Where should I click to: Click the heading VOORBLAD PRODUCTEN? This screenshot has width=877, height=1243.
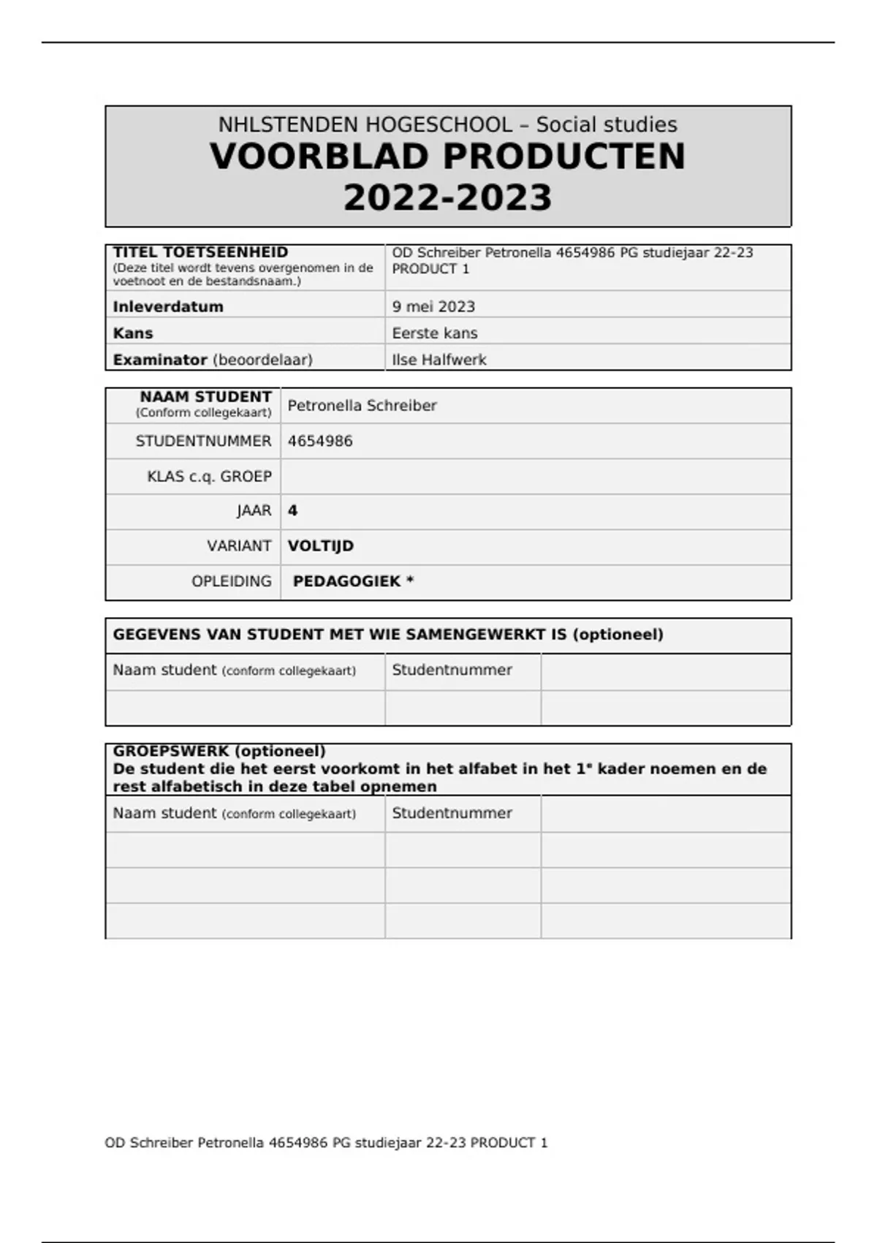(x=447, y=156)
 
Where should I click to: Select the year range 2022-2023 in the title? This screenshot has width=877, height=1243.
(x=447, y=198)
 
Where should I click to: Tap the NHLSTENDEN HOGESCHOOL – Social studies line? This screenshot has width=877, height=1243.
(x=447, y=124)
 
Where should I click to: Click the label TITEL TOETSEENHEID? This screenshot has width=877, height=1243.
(x=200, y=252)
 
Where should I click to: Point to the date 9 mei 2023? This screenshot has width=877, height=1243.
(x=433, y=306)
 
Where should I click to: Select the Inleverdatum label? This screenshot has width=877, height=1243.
(x=168, y=306)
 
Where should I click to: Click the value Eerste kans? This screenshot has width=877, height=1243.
(x=435, y=333)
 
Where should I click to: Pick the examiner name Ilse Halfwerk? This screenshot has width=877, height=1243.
(x=439, y=360)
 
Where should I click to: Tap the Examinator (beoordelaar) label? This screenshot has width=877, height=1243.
(x=213, y=360)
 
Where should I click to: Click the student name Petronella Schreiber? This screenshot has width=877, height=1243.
(x=362, y=406)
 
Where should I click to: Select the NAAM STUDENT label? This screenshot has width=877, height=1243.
(x=205, y=397)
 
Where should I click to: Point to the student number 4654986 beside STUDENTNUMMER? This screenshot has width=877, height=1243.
(x=320, y=441)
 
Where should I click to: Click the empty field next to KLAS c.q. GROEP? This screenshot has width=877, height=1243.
(x=535, y=477)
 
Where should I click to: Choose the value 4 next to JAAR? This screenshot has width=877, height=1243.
(x=292, y=510)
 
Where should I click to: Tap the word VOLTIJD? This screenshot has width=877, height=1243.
(x=320, y=546)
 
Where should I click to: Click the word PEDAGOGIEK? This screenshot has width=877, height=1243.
(x=347, y=581)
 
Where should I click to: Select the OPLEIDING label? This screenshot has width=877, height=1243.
(x=232, y=581)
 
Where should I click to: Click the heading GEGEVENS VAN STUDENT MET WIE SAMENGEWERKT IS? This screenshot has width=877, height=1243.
(x=388, y=635)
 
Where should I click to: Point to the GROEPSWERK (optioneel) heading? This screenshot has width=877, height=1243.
(x=219, y=751)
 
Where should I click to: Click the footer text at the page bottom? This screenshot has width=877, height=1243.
(x=326, y=1143)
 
